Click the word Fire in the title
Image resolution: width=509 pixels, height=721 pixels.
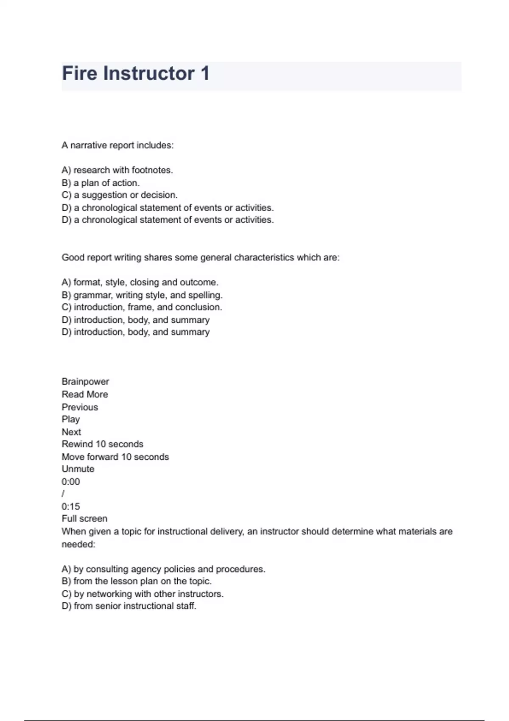[x=79, y=73]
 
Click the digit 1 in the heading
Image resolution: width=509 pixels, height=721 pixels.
[x=205, y=73]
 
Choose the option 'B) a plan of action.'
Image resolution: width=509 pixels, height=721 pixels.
[x=101, y=183]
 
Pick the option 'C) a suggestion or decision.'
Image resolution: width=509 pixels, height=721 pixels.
[x=120, y=195]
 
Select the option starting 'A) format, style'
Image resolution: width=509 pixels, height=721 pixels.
[x=140, y=282]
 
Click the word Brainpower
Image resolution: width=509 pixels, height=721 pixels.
[x=85, y=382]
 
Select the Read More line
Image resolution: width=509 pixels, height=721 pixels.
[x=85, y=394]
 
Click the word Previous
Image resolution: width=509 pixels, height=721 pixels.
[x=80, y=407]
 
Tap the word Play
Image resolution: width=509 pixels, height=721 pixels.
[x=70, y=419]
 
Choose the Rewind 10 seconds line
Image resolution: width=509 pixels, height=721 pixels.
[x=102, y=444]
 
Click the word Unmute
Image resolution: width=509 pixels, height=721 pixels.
[x=78, y=469]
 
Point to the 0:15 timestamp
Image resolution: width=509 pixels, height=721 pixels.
[x=70, y=506]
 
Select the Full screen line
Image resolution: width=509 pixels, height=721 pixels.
[x=84, y=519]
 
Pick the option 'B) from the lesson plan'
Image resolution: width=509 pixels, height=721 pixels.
[x=137, y=581]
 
